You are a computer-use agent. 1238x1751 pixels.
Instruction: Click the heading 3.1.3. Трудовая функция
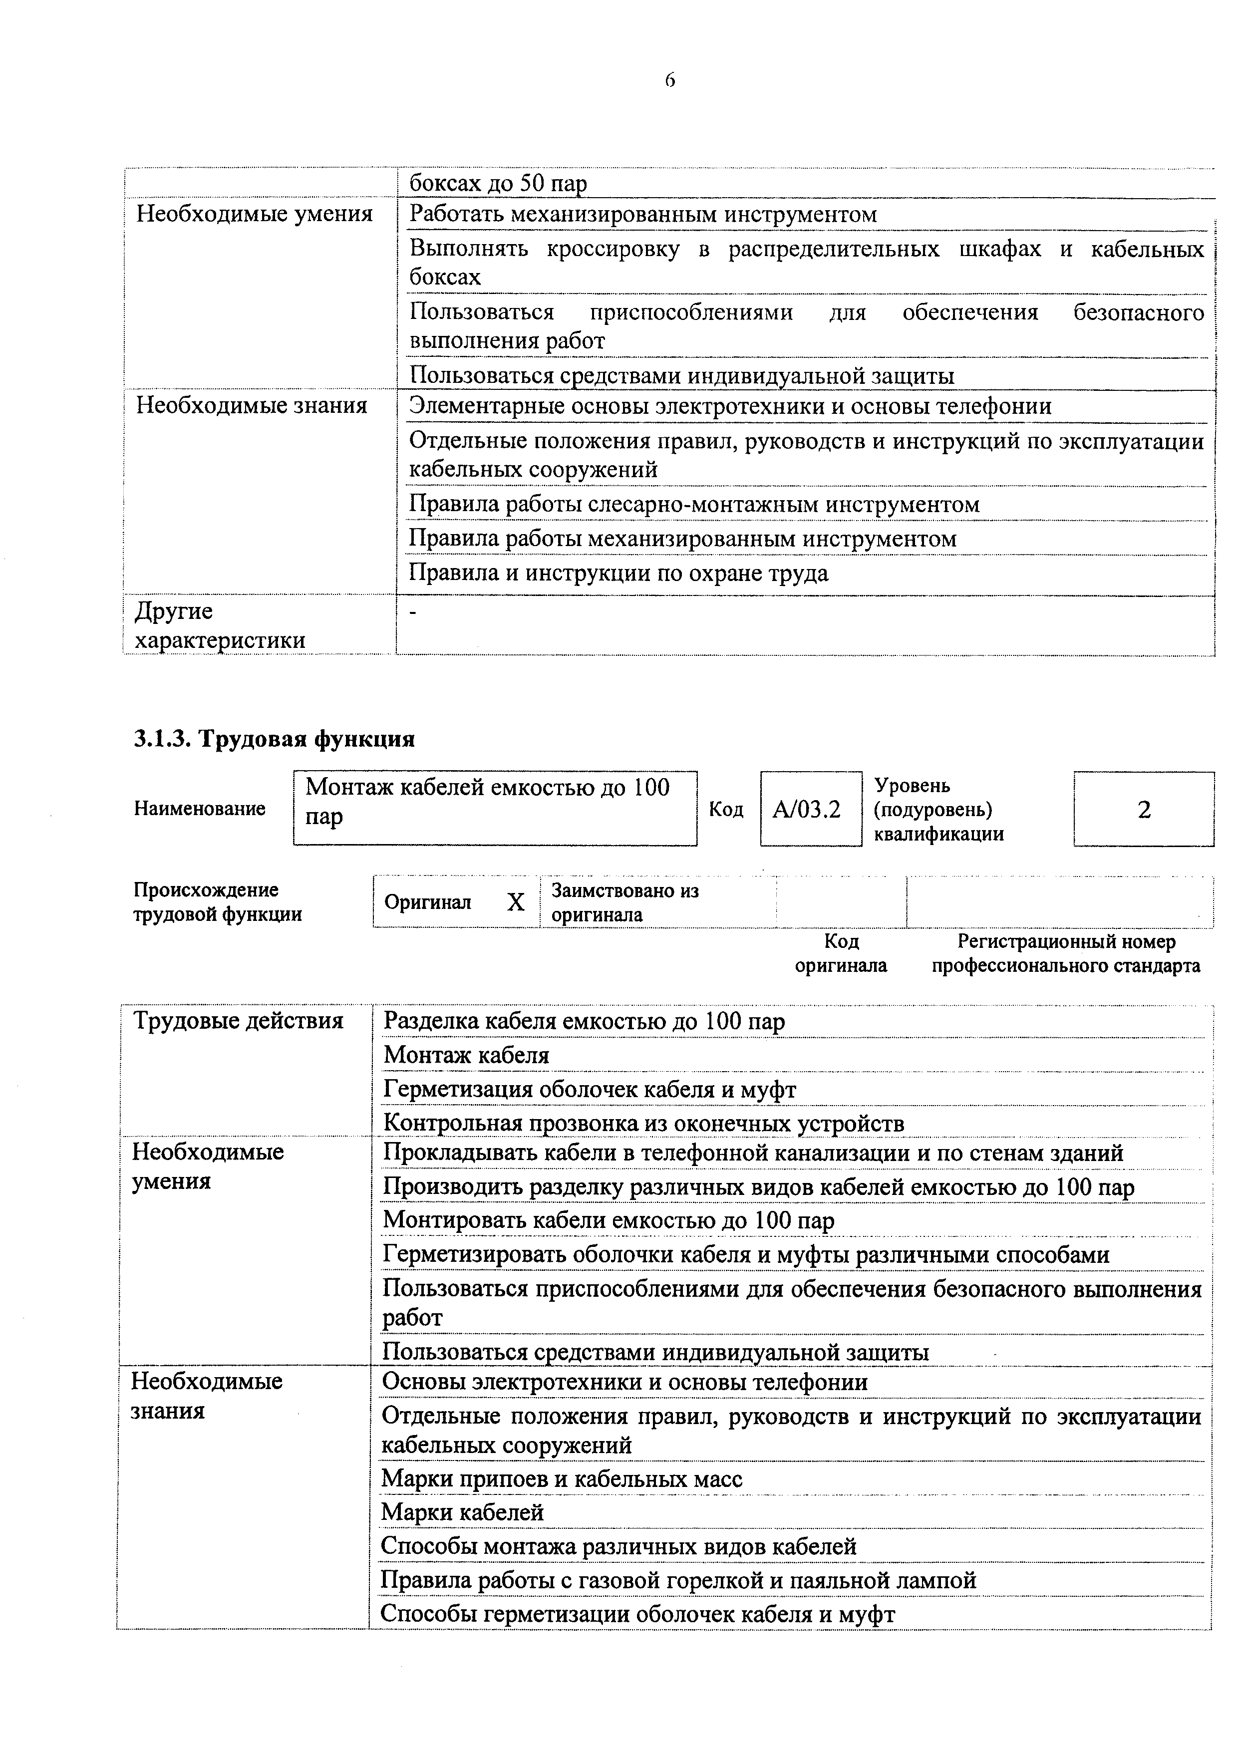(x=275, y=738)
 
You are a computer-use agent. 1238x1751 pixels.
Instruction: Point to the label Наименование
(x=200, y=809)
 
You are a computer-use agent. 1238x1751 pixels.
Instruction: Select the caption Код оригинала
(x=841, y=953)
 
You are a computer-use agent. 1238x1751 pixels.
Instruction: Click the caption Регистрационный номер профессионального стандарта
(x=1066, y=953)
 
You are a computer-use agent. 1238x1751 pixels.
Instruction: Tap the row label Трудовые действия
(x=238, y=1020)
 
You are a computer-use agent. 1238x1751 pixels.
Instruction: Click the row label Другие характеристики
(x=220, y=625)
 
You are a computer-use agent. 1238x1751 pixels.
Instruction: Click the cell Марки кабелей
(x=462, y=1512)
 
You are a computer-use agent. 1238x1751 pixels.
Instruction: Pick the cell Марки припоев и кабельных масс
(x=562, y=1479)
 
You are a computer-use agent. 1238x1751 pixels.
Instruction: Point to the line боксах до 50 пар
(x=498, y=183)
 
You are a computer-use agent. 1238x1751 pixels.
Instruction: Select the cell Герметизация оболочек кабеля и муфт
(x=590, y=1089)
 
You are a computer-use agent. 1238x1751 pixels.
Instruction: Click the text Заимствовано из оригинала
(x=624, y=902)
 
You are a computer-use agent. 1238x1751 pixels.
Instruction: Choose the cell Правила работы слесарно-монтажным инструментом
(x=694, y=504)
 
